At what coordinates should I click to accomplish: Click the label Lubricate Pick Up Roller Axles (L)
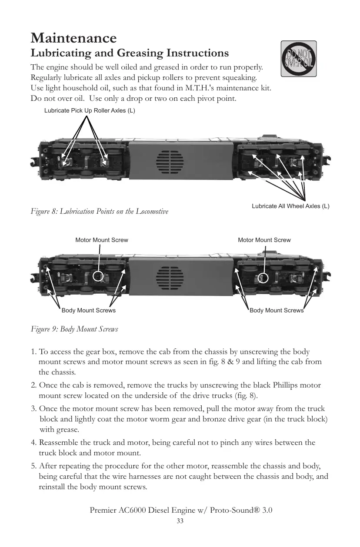(90, 110)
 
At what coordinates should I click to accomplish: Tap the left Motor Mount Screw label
(102, 240)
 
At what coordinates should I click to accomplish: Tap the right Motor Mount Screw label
(264, 240)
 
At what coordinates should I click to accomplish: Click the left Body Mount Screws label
(89, 311)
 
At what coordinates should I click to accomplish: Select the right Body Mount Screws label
(277, 311)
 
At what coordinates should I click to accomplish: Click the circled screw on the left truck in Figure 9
(98, 276)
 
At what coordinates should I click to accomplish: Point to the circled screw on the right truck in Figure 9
(263, 277)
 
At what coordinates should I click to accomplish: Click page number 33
(180, 521)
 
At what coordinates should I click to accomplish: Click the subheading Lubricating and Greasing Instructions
(130, 53)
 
